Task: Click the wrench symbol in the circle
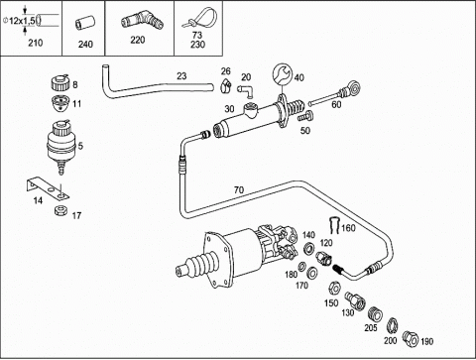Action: [x=283, y=74]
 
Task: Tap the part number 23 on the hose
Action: [x=181, y=76]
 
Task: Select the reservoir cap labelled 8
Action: [x=60, y=82]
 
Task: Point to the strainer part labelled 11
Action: [x=59, y=103]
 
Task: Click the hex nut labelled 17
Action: [x=60, y=210]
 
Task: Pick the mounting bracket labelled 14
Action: [x=48, y=188]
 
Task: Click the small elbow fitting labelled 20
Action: [x=245, y=90]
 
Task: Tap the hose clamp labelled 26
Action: [x=225, y=85]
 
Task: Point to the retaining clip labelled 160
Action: [x=335, y=225]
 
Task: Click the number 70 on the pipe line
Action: [x=239, y=190]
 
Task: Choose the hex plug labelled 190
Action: [x=411, y=338]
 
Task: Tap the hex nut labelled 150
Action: [x=334, y=289]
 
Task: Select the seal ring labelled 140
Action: [x=309, y=249]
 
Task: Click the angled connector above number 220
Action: [x=142, y=21]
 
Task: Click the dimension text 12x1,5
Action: [x=22, y=21]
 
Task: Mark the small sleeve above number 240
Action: [x=85, y=23]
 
